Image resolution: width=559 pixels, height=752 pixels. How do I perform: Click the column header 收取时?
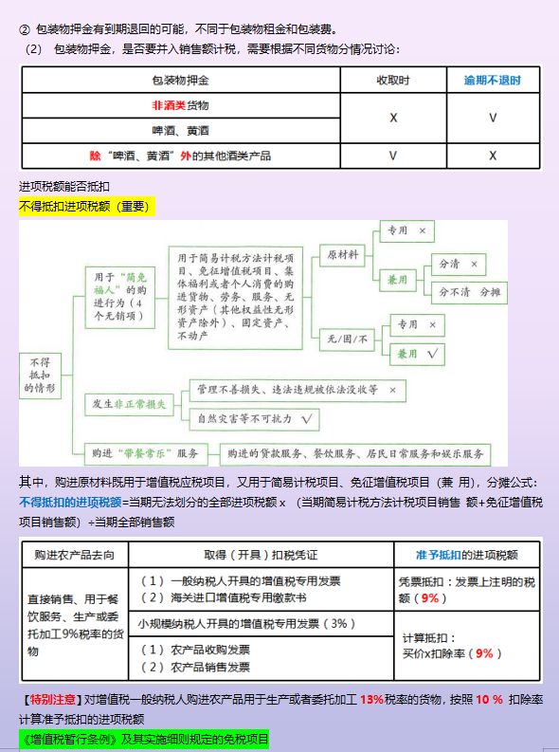coord(392,81)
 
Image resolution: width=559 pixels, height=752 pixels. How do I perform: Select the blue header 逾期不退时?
coord(492,81)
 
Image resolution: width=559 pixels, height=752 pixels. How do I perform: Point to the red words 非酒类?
coord(168,105)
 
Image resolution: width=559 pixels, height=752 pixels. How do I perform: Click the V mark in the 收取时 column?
coord(392,155)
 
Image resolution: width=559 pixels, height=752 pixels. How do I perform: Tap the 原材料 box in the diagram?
coord(343,255)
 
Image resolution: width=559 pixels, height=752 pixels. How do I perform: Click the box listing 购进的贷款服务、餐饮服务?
coord(356,452)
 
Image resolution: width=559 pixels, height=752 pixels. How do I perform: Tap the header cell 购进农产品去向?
coord(75,554)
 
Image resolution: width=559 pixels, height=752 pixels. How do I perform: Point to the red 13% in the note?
coord(372,700)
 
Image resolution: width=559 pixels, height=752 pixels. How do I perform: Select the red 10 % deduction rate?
coord(489,700)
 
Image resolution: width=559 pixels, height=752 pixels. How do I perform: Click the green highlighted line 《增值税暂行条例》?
coord(144,739)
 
